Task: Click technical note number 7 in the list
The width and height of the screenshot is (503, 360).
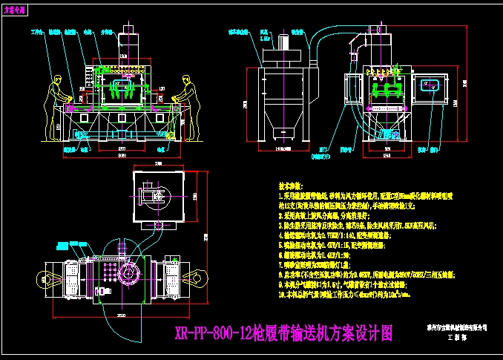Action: (319, 262)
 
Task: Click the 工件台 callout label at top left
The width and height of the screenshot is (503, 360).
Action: (34, 33)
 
